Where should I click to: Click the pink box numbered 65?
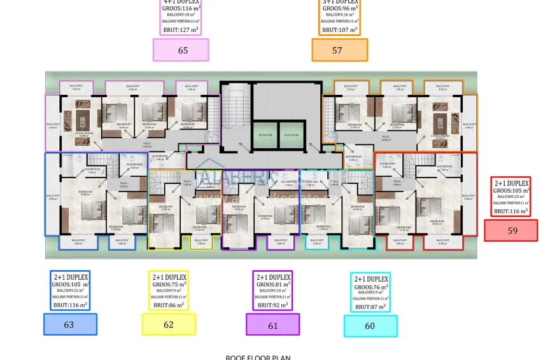coord(181,50)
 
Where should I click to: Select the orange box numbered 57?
coord(339,50)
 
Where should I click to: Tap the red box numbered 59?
coord(511,230)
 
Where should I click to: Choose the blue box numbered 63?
coord(70,324)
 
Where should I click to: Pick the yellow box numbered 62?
coord(168,324)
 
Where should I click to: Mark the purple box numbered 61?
coord(272,324)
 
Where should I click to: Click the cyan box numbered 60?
coord(370,326)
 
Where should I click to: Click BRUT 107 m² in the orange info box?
coord(339,29)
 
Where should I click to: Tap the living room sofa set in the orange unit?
coord(440,121)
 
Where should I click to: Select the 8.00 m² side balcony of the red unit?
coord(468,197)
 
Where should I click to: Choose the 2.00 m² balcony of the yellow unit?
coord(201,242)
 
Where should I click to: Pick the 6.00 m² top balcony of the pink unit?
coord(132,88)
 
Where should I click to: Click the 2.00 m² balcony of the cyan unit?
coord(317,242)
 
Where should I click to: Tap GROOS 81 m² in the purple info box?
coord(273,285)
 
